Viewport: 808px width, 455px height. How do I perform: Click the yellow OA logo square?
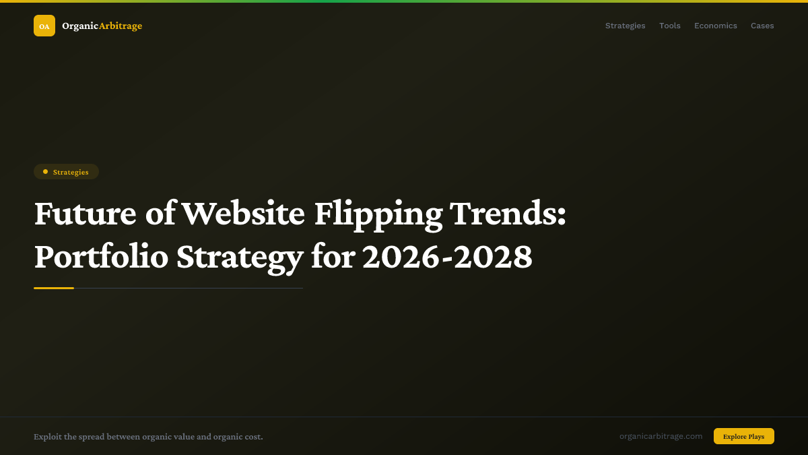point(44,26)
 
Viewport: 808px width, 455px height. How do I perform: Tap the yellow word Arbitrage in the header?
point(121,26)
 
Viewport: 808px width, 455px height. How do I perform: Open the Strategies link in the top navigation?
point(625,26)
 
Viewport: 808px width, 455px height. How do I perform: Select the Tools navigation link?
point(670,26)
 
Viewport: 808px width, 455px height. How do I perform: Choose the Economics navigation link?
point(716,26)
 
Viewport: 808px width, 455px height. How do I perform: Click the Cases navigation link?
point(762,26)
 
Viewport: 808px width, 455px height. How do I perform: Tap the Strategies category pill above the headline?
point(67,172)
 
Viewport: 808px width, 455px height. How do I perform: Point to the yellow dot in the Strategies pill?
point(45,172)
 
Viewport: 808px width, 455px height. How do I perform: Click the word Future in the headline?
point(86,214)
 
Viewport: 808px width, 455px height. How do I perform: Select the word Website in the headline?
point(243,214)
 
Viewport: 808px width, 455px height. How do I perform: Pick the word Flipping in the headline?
point(378,215)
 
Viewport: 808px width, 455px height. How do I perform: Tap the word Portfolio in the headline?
point(101,257)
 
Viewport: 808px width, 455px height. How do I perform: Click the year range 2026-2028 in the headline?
point(447,257)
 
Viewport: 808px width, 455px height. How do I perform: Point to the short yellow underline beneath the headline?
point(54,288)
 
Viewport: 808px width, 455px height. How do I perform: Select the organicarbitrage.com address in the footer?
point(661,436)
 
